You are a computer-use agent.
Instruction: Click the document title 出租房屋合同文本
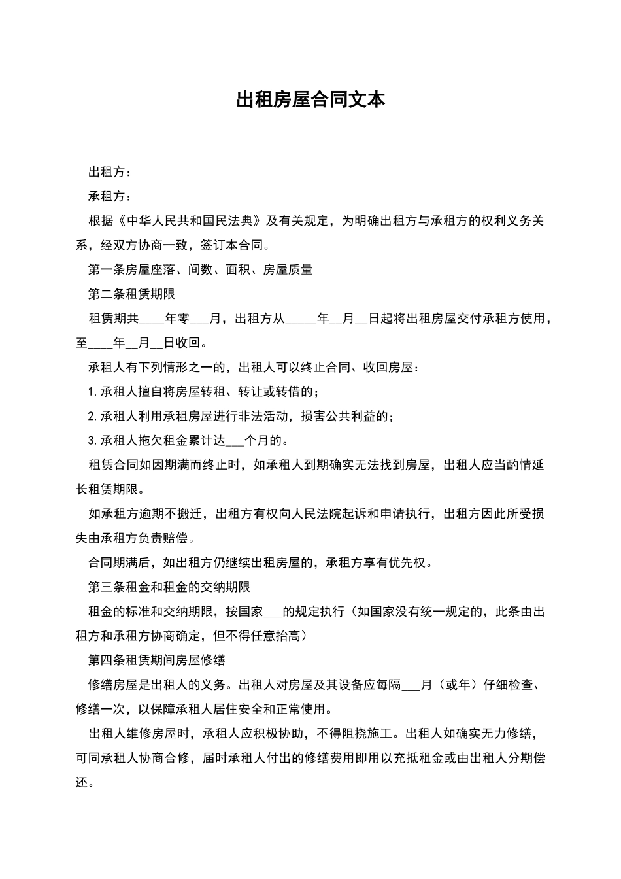point(310,100)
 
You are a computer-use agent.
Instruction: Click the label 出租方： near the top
point(110,173)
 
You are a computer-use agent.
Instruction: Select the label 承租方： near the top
point(110,197)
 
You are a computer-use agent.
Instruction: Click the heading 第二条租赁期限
point(131,294)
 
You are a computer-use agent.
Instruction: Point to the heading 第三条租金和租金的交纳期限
point(169,587)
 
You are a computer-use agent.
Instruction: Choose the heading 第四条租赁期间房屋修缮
point(157,661)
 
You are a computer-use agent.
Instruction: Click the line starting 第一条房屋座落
point(200,269)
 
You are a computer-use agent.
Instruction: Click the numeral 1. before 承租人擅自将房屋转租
point(92,392)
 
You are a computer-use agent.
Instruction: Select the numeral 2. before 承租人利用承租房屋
point(92,417)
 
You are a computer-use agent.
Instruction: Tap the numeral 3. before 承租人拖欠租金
point(92,441)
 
